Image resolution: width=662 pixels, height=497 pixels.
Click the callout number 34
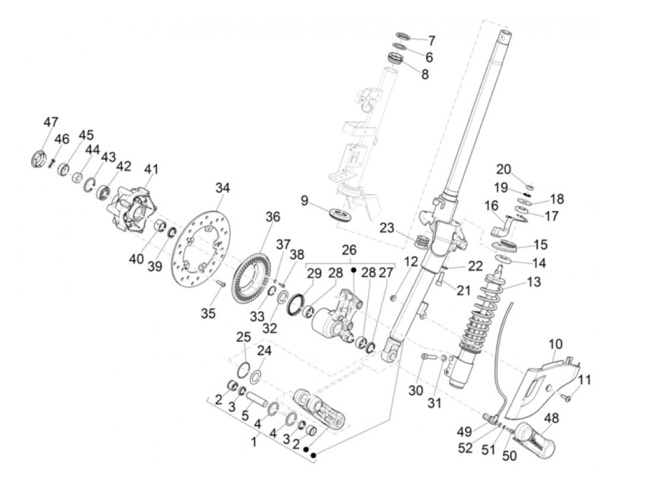click(x=222, y=188)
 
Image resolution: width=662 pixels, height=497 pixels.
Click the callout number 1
click(x=254, y=443)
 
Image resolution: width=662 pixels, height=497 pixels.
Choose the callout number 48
click(x=551, y=418)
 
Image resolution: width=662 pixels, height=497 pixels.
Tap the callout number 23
click(x=387, y=228)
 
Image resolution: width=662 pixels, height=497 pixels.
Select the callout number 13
click(x=533, y=282)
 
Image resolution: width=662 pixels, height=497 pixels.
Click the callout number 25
click(x=243, y=337)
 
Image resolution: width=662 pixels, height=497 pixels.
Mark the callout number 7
click(x=431, y=40)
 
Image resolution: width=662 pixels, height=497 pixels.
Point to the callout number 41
click(x=151, y=169)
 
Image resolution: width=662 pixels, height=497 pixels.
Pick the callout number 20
click(x=504, y=169)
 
